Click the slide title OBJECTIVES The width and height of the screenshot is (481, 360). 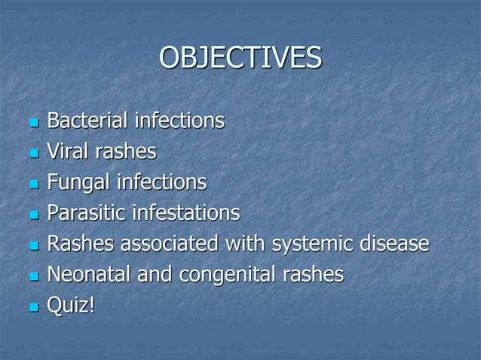point(240,58)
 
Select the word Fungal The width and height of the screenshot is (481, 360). point(78,183)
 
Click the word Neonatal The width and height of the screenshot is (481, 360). point(90,276)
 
